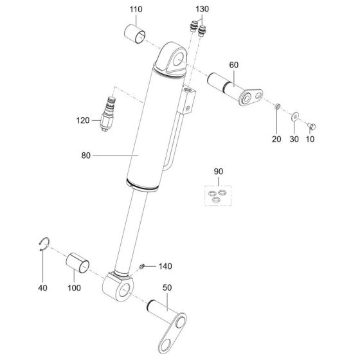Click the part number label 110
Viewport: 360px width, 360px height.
click(136, 10)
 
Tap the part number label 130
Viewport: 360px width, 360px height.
click(202, 10)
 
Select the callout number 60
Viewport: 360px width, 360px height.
click(233, 65)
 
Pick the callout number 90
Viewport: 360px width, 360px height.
click(218, 172)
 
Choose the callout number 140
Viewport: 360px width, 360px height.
click(166, 265)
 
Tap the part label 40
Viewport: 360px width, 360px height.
click(42, 287)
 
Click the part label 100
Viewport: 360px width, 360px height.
click(74, 287)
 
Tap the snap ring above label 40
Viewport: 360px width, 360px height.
click(43, 243)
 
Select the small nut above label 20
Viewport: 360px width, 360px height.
click(277, 105)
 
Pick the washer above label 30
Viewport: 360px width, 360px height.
click(294, 116)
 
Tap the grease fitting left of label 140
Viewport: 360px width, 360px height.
click(143, 265)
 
